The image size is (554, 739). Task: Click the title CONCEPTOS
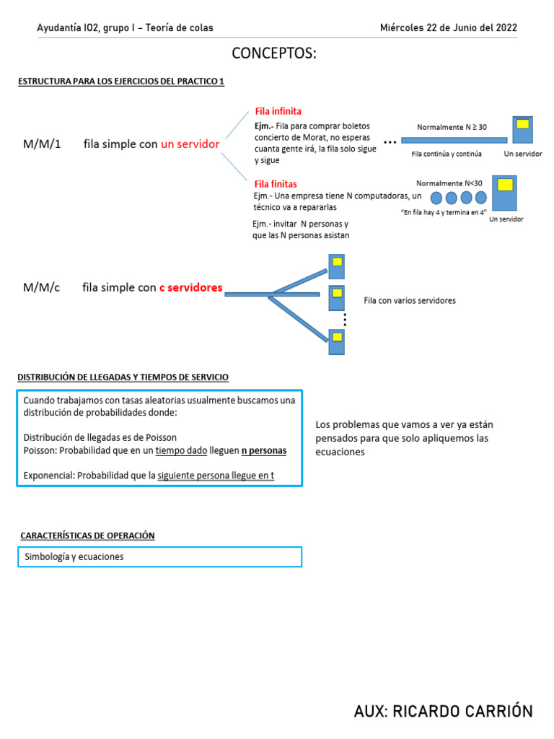tap(274, 54)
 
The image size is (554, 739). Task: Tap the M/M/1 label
tap(42, 144)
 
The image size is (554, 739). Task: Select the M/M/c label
tap(41, 287)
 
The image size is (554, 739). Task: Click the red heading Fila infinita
tap(278, 111)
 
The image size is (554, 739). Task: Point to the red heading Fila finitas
tap(276, 184)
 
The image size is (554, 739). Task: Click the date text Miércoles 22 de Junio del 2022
tap(448, 27)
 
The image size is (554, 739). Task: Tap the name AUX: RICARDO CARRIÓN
tap(443, 711)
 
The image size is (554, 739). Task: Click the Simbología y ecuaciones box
tap(159, 557)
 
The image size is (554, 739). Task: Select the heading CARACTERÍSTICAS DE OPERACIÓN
tap(87, 535)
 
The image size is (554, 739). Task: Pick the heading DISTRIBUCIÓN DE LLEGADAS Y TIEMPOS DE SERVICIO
tap(123, 377)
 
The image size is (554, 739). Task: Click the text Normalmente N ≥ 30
tap(452, 127)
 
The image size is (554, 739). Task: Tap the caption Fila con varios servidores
tap(410, 300)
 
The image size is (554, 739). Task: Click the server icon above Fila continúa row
tap(522, 130)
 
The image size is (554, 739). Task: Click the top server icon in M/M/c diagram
tap(336, 265)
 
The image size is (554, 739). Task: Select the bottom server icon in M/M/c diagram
tap(336, 341)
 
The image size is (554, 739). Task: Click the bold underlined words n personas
tap(263, 450)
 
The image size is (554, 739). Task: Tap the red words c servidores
tap(190, 287)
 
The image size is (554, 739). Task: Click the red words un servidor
tap(190, 144)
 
